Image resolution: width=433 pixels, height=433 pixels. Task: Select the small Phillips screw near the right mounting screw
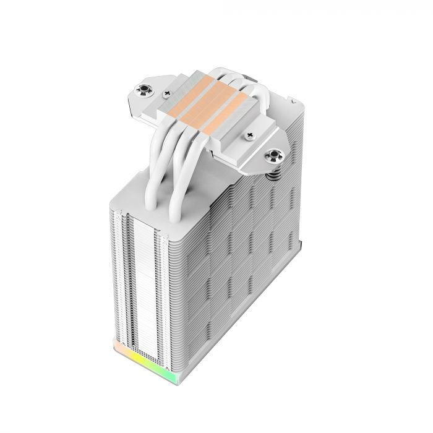tap(251, 134)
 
